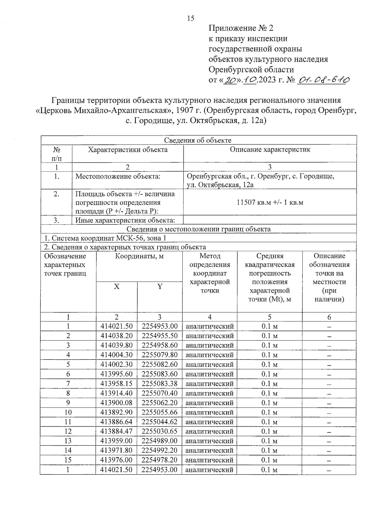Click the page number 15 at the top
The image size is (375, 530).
point(191,18)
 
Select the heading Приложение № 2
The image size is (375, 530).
point(241,28)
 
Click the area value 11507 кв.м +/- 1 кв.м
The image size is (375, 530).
point(270,202)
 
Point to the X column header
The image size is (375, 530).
point(117,287)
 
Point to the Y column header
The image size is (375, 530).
point(160,287)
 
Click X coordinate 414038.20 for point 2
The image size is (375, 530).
point(117,336)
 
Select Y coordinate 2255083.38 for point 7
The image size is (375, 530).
point(159,384)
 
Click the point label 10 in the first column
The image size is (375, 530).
point(68,412)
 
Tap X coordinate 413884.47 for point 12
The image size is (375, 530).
point(117,431)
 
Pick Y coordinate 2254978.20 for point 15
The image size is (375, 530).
point(159,460)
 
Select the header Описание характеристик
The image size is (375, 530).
point(270,150)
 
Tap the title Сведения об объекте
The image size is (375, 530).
point(198,140)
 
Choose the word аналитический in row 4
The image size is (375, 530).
point(210,355)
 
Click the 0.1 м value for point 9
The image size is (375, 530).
point(269,403)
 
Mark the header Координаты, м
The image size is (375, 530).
point(139,256)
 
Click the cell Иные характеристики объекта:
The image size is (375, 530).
point(125,220)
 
